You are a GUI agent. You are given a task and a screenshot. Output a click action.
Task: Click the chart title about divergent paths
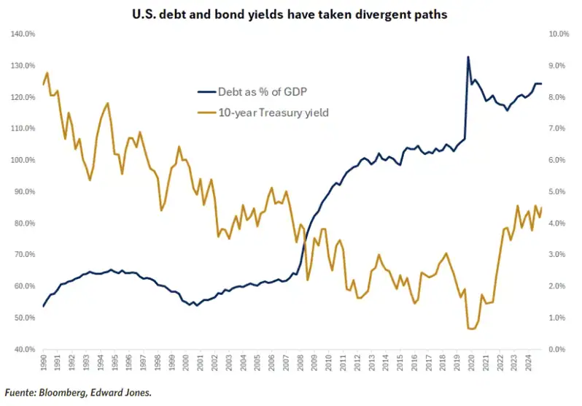point(290,14)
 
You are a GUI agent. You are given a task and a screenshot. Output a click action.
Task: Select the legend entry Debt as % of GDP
point(252,91)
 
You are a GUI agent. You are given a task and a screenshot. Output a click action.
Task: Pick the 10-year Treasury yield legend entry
point(263,112)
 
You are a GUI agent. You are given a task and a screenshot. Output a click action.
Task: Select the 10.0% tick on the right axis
point(559,34)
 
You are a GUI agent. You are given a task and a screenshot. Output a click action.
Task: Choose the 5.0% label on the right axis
point(556,191)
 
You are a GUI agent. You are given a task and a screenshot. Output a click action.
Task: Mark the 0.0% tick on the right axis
point(556,349)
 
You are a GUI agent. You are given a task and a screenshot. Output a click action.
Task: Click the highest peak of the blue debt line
point(468,57)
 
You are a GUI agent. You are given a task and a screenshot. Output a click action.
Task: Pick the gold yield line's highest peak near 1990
point(47,72)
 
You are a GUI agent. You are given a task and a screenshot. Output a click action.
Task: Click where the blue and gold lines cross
point(304,242)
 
